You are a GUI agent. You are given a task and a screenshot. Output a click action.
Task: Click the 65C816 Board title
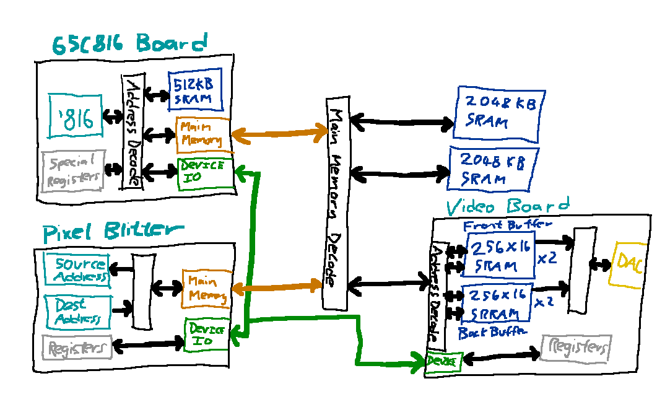pyautogui.click(x=129, y=45)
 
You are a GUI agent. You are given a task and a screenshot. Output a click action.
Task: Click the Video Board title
pyautogui.click(x=508, y=206)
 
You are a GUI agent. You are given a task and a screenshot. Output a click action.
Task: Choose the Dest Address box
pyautogui.click(x=78, y=312)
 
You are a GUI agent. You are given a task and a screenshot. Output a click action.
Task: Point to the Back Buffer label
pyautogui.click(x=492, y=333)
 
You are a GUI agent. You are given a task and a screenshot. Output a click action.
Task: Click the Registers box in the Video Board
pyautogui.click(x=576, y=348)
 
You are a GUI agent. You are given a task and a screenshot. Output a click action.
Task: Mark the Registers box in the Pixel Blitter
pyautogui.click(x=77, y=347)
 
